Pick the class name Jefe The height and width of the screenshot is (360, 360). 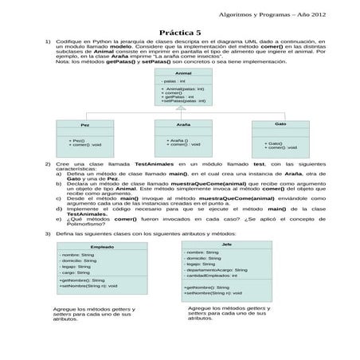(x=227, y=244)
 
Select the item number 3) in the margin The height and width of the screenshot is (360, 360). (x=48, y=233)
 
